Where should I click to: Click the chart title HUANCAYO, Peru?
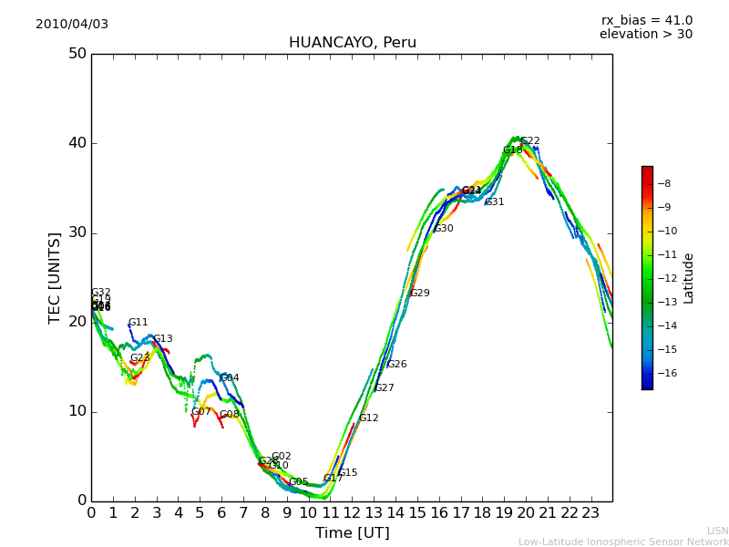(352, 43)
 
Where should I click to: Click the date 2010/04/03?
(72, 25)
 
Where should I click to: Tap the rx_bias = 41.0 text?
(646, 21)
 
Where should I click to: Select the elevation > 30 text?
(645, 35)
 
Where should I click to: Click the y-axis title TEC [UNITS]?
(56, 277)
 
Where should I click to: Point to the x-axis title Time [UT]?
(352, 533)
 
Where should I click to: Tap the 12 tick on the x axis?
(352, 512)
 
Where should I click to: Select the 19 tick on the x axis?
(504, 512)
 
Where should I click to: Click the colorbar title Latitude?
(689, 278)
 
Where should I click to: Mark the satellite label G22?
(530, 141)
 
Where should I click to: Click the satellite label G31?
(494, 202)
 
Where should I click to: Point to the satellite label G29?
(419, 294)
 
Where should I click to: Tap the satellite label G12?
(368, 418)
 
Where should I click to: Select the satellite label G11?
(138, 323)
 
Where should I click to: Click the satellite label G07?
(200, 412)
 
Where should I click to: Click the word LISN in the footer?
(717, 531)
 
